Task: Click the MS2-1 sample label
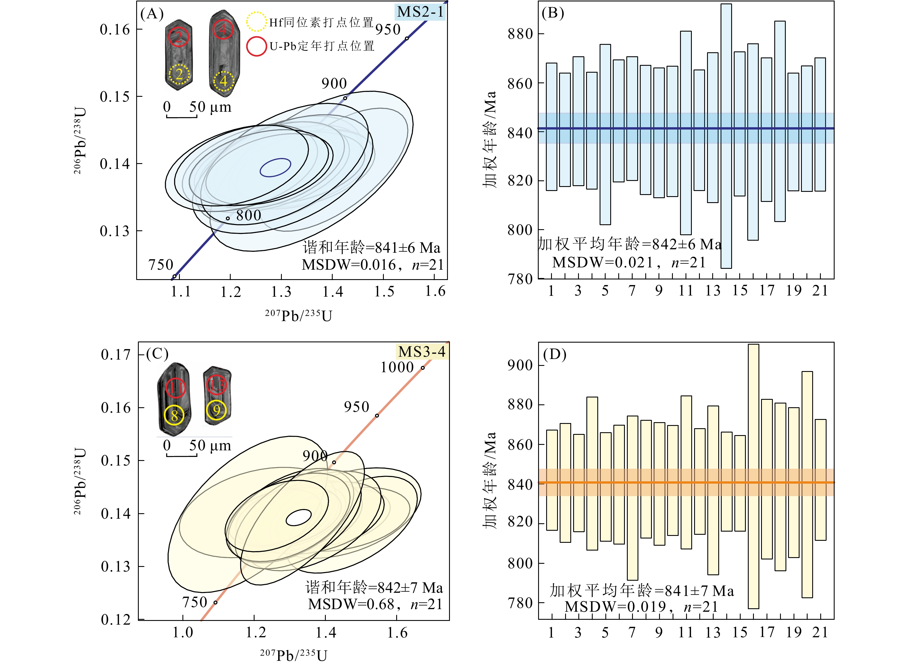coord(420,12)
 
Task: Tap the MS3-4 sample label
coord(421,352)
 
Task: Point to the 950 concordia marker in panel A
coord(407,38)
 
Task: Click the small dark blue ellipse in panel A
coord(275,167)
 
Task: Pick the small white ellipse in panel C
coord(299,518)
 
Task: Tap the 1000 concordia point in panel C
coord(423,368)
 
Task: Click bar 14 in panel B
coord(726,136)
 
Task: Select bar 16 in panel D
coord(753,476)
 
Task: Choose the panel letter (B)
coord(552,13)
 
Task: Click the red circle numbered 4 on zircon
coord(223,29)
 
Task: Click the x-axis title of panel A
coord(299,315)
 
